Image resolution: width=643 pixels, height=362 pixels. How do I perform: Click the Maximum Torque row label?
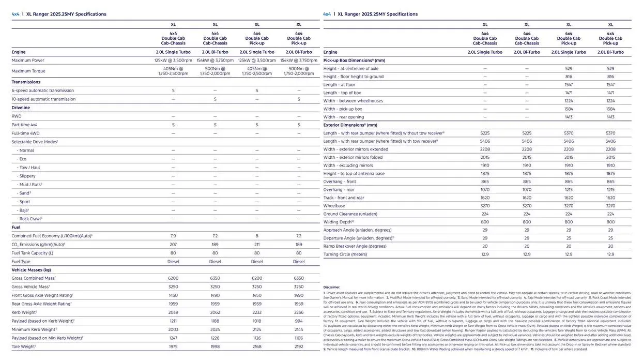click(x=28, y=71)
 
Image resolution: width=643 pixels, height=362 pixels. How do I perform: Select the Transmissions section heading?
click(x=26, y=82)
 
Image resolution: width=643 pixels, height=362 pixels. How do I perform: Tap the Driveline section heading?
click(x=21, y=108)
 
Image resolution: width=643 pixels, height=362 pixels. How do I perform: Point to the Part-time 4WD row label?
click(x=25, y=125)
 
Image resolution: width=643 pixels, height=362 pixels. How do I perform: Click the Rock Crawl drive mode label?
click(x=30, y=219)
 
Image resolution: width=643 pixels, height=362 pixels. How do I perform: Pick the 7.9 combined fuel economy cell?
click(x=173, y=236)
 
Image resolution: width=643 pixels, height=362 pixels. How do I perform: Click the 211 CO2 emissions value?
click(x=257, y=244)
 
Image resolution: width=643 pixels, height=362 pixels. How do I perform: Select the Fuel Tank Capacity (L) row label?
click(x=33, y=253)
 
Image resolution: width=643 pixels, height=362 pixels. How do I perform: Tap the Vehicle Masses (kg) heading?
click(x=32, y=270)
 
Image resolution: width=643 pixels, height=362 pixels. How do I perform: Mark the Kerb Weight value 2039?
click(x=173, y=312)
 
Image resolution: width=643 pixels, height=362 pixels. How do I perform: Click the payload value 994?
click(x=299, y=321)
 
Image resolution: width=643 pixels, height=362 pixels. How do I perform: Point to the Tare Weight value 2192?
click(x=299, y=346)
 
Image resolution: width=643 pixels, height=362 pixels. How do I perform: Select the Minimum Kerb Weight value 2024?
click(x=215, y=329)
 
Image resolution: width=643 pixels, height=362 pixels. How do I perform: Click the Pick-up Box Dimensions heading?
click(x=354, y=61)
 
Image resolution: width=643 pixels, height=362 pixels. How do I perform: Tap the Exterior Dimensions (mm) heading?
click(x=350, y=125)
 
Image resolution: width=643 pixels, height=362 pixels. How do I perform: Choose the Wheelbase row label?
click(x=334, y=206)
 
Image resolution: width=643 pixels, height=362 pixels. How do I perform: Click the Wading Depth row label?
click(x=339, y=222)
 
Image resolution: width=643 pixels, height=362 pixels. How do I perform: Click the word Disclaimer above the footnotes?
click(x=332, y=287)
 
